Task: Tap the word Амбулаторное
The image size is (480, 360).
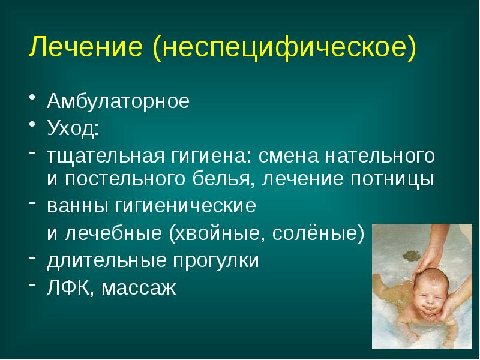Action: tap(118, 101)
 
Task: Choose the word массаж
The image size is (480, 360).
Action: tap(139, 289)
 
